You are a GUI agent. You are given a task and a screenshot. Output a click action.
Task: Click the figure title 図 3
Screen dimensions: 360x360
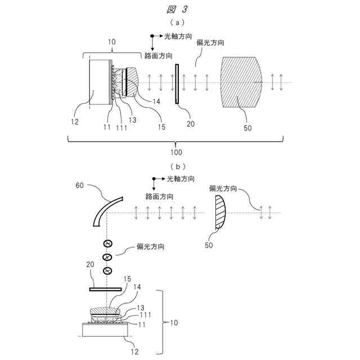pos(179,9)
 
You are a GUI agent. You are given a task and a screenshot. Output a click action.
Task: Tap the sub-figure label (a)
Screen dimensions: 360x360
pos(179,23)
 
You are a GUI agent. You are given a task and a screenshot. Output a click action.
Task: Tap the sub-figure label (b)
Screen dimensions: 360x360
pos(179,166)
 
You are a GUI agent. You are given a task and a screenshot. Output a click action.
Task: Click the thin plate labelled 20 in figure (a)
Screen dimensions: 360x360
pos(177,83)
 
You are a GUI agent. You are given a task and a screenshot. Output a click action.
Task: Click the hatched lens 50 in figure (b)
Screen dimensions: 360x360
pos(220,213)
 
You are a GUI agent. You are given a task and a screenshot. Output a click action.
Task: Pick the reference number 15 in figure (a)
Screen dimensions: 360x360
pos(161,127)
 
